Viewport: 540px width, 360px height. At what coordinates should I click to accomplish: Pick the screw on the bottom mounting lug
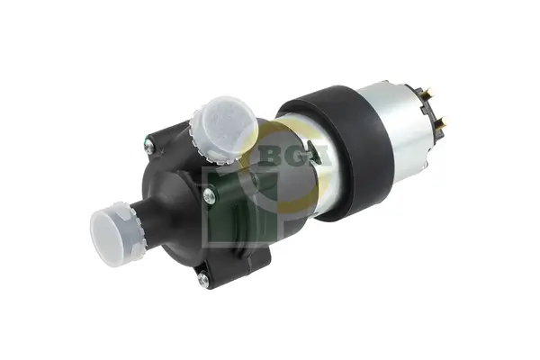point(202,279)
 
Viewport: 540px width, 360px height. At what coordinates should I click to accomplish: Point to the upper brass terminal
point(426,92)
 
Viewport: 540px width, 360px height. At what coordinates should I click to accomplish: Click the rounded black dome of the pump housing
point(180,180)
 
